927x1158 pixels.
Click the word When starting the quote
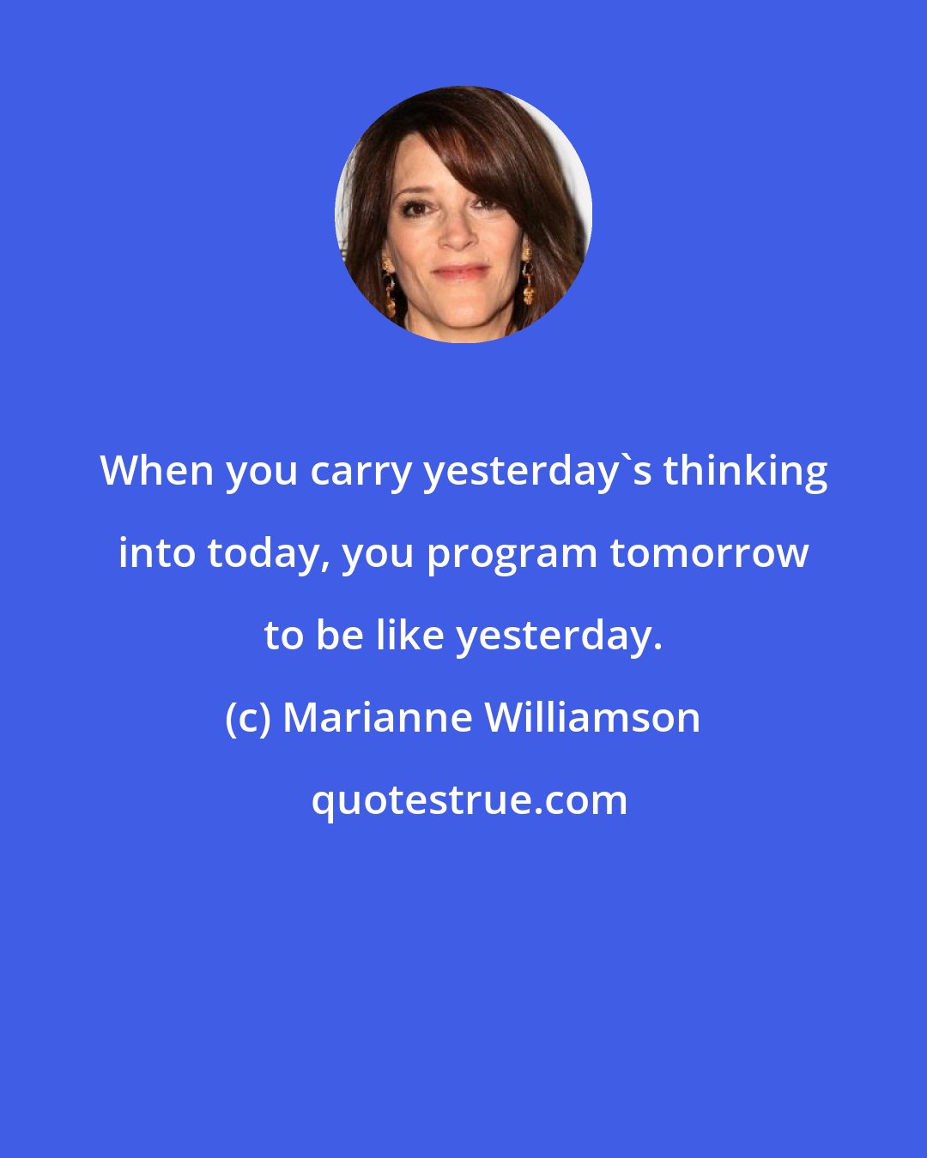156,471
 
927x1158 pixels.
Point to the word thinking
745,473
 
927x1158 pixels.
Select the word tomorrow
709,553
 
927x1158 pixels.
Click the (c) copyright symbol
247,718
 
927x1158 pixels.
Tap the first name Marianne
377,718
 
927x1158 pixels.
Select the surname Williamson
593,718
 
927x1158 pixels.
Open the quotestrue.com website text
469,800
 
